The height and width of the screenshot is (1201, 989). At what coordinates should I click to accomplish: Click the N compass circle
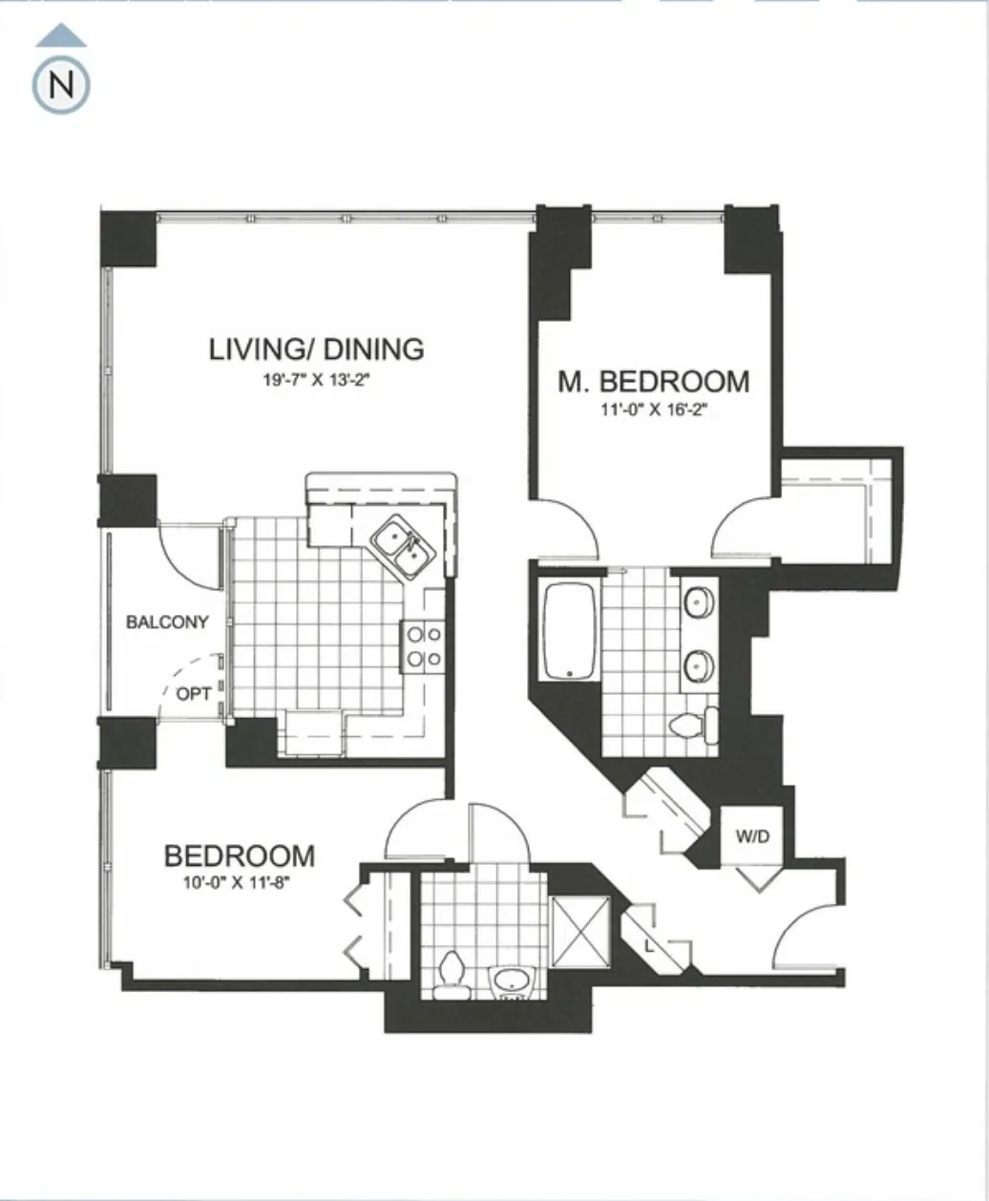[62, 86]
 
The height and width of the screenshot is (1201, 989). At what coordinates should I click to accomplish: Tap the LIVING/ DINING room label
[316, 348]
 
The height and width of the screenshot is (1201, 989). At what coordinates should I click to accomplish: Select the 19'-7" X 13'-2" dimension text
[316, 379]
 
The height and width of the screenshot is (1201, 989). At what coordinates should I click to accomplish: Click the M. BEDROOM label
[654, 382]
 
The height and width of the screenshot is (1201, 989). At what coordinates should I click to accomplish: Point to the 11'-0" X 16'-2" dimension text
[653, 411]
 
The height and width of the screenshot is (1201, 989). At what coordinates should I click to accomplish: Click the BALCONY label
[167, 622]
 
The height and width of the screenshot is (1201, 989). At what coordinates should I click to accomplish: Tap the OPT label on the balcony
[194, 694]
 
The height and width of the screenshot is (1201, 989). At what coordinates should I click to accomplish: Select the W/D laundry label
[752, 837]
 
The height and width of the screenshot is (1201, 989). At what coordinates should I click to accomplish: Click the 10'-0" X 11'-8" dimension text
[238, 882]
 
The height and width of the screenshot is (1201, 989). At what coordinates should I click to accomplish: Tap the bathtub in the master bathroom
[570, 630]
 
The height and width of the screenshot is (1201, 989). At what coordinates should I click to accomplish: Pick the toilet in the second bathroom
[450, 976]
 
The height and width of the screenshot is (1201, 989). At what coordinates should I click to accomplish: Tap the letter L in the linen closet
[649, 947]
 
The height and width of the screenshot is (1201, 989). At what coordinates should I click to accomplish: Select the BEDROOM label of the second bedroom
[239, 854]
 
